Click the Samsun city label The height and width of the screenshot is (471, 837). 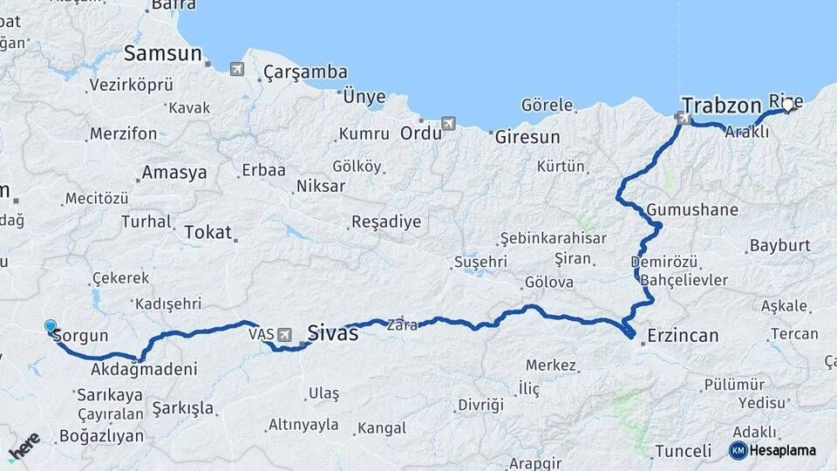click(164, 53)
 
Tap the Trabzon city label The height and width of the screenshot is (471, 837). click(721, 106)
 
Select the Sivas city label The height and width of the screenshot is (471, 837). click(332, 332)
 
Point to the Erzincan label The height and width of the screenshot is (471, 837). click(683, 336)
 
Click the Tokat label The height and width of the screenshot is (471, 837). click(208, 232)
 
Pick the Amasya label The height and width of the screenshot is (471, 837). click(174, 173)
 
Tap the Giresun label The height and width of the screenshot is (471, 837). click(527, 137)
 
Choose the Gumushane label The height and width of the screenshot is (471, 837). click(692, 210)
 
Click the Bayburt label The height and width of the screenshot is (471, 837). click(779, 245)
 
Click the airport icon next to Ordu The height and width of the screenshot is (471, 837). click(449, 124)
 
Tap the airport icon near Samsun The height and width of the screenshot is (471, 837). click(237, 69)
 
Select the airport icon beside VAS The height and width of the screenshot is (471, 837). click(285, 334)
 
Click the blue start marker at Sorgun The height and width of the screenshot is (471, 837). click(51, 327)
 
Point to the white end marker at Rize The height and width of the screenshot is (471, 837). click(788, 106)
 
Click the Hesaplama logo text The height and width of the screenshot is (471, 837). click(782, 450)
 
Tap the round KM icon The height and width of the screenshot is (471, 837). click(738, 450)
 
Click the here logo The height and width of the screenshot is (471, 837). click(24, 447)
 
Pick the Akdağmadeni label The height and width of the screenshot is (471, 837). click(143, 370)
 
